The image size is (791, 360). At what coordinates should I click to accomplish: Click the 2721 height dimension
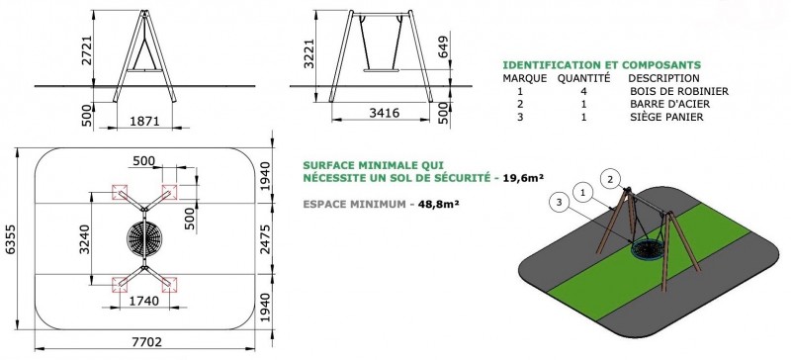click(86, 51)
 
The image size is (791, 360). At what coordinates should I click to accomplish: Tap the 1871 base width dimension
click(145, 122)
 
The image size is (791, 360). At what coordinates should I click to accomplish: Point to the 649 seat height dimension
click(443, 47)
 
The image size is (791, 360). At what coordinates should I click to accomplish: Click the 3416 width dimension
click(385, 113)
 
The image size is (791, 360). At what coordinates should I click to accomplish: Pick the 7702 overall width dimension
click(146, 342)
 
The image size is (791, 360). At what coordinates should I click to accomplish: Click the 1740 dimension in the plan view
click(143, 301)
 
